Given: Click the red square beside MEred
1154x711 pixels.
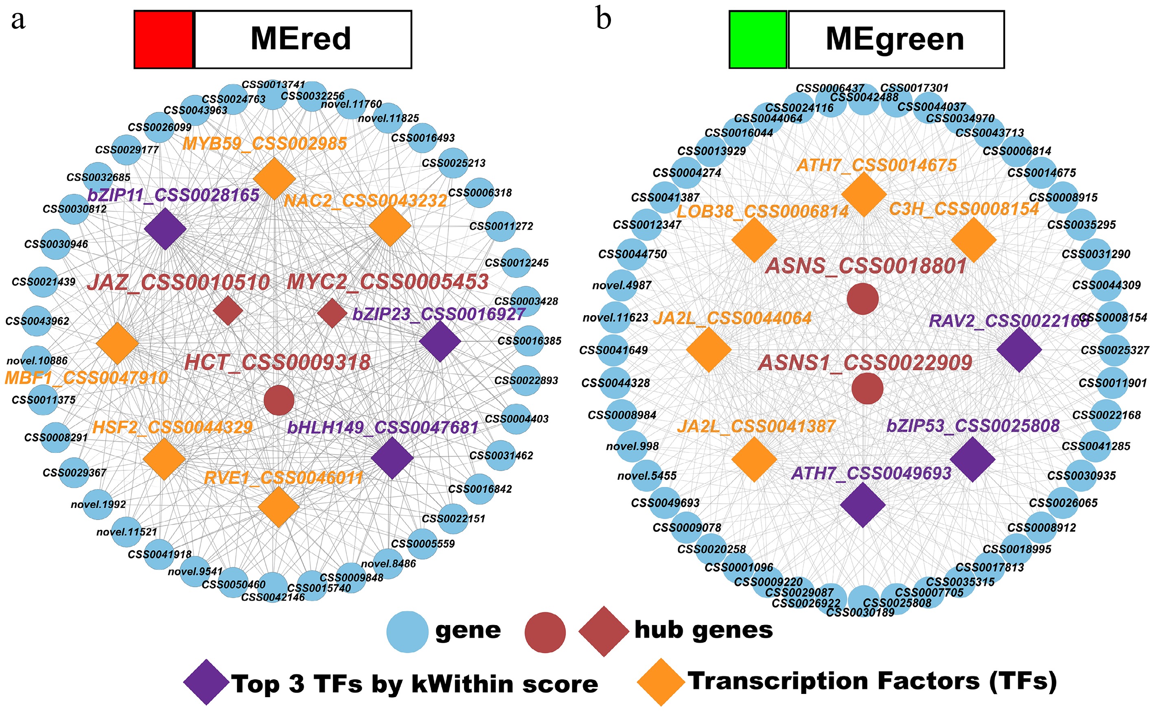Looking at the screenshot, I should pos(164,39).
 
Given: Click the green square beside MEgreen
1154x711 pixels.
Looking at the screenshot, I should pos(758,39).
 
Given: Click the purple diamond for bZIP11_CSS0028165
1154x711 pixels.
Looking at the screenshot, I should pos(165,229).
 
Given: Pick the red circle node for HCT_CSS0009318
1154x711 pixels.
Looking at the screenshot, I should pos(279,400).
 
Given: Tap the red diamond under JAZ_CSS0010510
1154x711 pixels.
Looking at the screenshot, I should pos(228,310).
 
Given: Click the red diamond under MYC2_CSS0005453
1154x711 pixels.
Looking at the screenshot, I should pos(332,313).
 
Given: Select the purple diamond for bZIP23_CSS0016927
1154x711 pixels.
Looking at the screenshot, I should pos(440,341).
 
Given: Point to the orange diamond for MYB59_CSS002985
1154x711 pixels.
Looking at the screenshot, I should pos(274,179).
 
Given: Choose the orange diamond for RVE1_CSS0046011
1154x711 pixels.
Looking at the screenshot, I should pos(279,507).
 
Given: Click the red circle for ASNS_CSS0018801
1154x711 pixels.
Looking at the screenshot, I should pos(863,298).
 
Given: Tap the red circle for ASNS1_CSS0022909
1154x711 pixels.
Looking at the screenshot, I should pos(867,388).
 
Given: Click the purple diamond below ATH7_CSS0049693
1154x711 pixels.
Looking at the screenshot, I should pos(863,505).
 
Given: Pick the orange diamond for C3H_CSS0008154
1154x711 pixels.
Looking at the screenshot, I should pos(974,240).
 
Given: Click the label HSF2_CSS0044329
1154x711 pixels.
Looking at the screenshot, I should pos(172,428).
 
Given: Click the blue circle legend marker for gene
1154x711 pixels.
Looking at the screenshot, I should pos(407,632).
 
